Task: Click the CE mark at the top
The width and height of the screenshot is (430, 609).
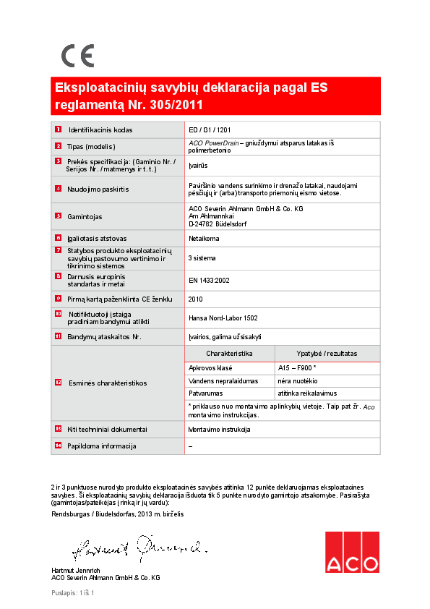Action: point(77,56)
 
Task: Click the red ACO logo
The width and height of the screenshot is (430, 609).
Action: point(352,553)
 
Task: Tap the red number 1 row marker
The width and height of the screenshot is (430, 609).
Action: point(57,129)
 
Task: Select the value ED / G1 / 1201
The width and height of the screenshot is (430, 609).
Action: point(210,130)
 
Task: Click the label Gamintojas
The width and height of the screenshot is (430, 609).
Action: point(85,216)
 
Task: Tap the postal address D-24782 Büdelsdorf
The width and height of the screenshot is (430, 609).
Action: point(216,223)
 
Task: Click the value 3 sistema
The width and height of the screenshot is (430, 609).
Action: point(202,257)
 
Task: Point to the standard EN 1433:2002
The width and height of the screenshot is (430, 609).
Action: point(209,280)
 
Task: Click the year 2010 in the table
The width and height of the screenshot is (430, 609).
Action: point(195,298)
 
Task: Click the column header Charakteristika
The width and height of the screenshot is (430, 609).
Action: point(229,354)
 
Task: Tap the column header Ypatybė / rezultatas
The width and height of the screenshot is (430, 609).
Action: point(327,354)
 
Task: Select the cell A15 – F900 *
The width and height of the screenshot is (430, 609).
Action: point(297,368)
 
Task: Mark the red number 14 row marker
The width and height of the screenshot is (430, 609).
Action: point(58,446)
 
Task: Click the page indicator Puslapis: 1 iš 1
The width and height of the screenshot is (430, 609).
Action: point(73,593)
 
